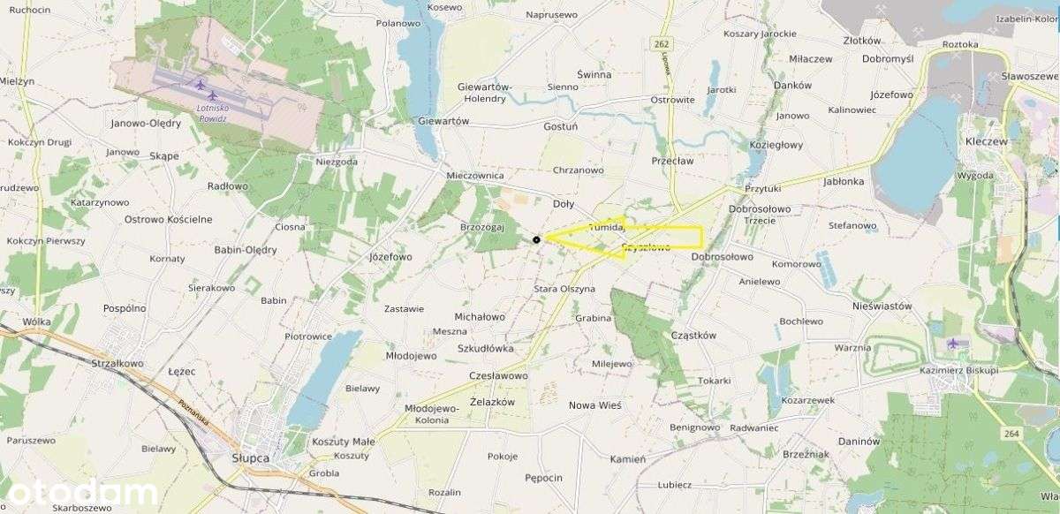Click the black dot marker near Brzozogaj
[536, 239]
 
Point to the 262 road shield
[661, 43]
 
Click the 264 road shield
[1011, 433]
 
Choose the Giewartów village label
[443, 121]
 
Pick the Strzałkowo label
[117, 363]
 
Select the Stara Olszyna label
[564, 289]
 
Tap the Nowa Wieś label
[595, 405]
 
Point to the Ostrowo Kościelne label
[168, 219]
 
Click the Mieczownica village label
[475, 176]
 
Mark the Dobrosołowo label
[722, 257]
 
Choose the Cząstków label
[693, 335]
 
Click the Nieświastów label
[882, 306]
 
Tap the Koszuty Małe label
[344, 442]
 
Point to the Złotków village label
[862, 41]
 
